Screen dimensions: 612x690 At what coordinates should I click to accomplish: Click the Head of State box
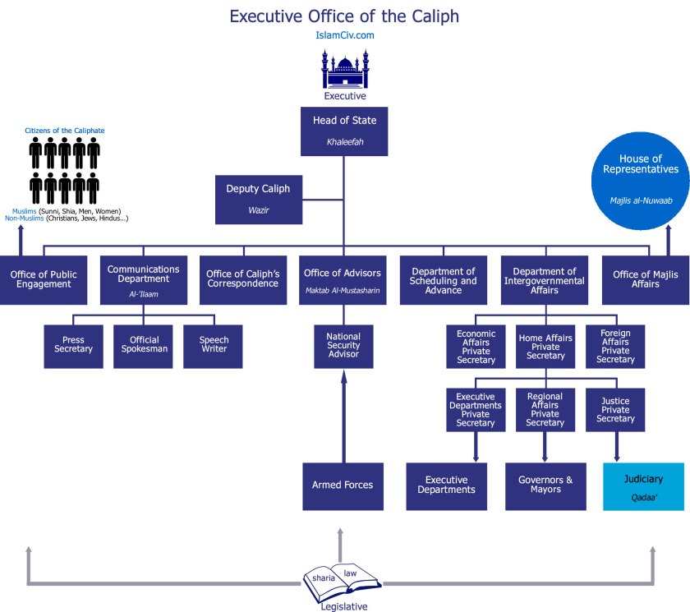point(344,130)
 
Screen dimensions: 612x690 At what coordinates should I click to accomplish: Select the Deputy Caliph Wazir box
point(258,199)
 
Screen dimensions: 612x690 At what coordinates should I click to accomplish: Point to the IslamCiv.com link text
point(344,35)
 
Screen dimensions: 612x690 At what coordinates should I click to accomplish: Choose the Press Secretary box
point(73,344)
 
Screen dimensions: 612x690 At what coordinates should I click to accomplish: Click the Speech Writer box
point(214,344)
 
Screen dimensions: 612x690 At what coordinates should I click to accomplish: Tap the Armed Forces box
point(343,485)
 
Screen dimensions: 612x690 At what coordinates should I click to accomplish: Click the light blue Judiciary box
point(643,485)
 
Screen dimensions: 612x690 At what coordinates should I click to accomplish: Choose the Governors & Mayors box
point(545,485)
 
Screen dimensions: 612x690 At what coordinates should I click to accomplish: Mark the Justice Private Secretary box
point(615,410)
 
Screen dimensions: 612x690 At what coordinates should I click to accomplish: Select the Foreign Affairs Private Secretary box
point(615,346)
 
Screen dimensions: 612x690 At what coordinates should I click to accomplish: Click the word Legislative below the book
point(343,606)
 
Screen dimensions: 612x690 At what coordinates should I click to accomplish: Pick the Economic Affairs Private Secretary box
point(476,346)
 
